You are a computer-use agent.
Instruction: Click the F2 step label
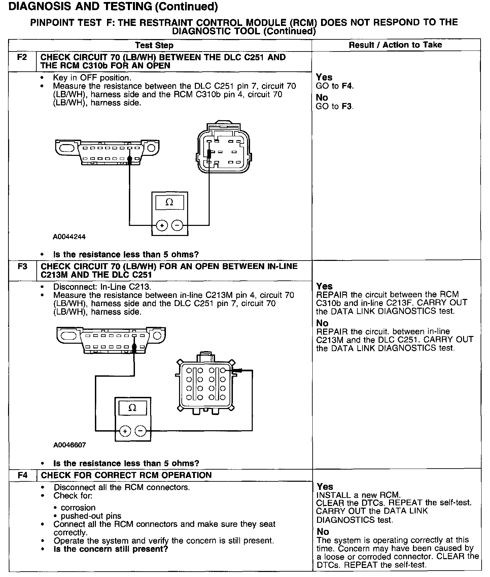tap(22, 57)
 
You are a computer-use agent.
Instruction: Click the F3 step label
tap(22, 267)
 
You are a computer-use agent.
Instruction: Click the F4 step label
tap(23, 475)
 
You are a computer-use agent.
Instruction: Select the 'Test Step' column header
tap(154, 45)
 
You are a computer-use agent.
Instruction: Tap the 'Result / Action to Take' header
tap(395, 45)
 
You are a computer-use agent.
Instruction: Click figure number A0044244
tap(69, 237)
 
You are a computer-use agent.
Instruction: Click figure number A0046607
tap(70, 445)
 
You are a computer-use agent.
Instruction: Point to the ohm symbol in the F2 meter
tap(170, 202)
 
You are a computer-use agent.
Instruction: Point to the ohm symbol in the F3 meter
tap(133, 408)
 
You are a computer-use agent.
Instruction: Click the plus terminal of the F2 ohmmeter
tap(162, 225)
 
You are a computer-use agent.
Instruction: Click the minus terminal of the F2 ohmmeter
tap(177, 225)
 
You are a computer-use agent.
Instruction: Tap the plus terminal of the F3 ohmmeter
tap(125, 431)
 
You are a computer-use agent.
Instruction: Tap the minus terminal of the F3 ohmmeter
tap(140, 431)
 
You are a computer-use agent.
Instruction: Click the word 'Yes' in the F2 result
tap(324, 77)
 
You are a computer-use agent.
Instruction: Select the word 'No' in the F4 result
tap(323, 532)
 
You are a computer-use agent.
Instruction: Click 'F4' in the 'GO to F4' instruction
tap(347, 86)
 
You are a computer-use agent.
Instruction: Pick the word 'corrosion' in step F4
tap(78, 508)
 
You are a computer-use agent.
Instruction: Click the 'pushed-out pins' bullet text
tap(91, 516)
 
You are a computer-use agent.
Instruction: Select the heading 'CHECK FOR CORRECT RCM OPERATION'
tap(126, 475)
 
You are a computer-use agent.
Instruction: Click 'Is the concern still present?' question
tap(111, 549)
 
